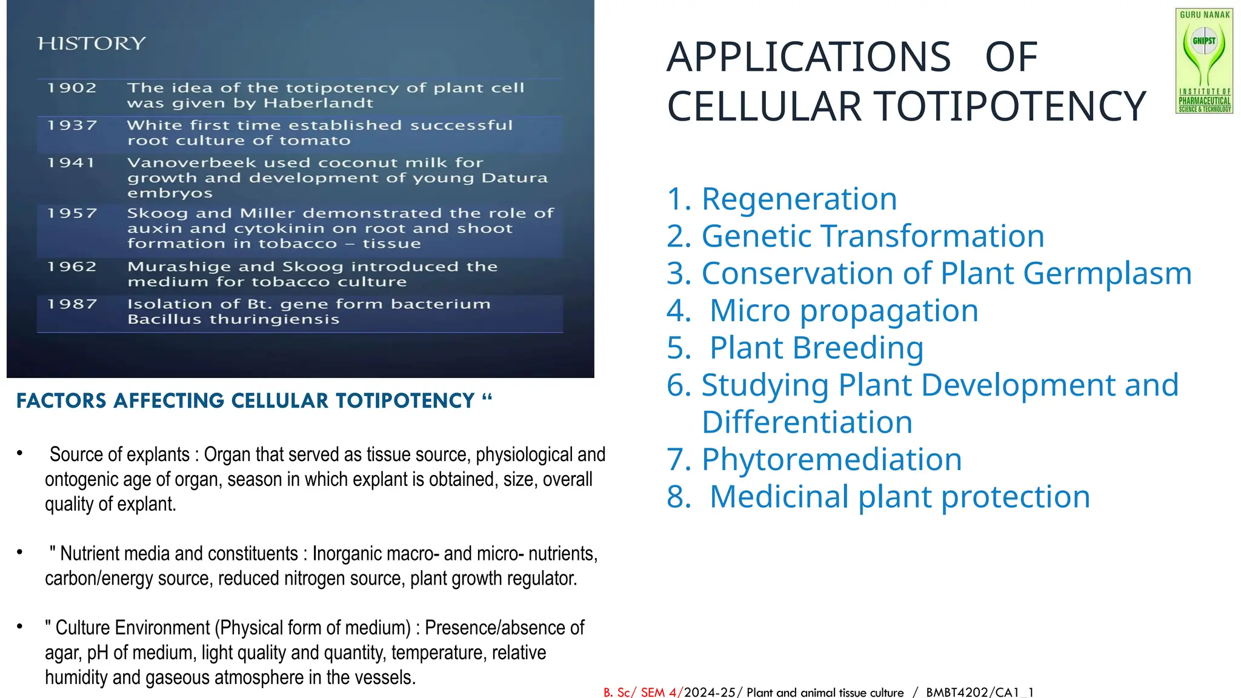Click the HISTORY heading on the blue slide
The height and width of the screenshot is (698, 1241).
(x=91, y=44)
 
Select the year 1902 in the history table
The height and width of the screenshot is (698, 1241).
(x=72, y=88)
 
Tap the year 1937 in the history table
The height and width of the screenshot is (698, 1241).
(x=72, y=125)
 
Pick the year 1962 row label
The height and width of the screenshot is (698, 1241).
(x=72, y=267)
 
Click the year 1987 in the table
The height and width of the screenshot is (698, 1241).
(x=72, y=304)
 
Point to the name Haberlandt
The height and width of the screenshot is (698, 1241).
(x=318, y=104)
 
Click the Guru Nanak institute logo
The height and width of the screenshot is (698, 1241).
(x=1204, y=61)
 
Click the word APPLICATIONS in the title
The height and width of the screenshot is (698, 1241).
(x=808, y=57)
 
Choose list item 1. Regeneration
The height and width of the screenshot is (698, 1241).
(x=782, y=199)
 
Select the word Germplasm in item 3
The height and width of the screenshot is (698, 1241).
(x=1107, y=273)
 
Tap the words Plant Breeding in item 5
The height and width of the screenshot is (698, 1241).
(x=816, y=348)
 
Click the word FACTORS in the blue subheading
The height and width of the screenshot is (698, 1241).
(x=61, y=401)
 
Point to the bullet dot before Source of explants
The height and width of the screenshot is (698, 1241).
(x=20, y=453)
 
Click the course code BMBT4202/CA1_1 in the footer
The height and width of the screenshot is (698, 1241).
(x=979, y=692)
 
